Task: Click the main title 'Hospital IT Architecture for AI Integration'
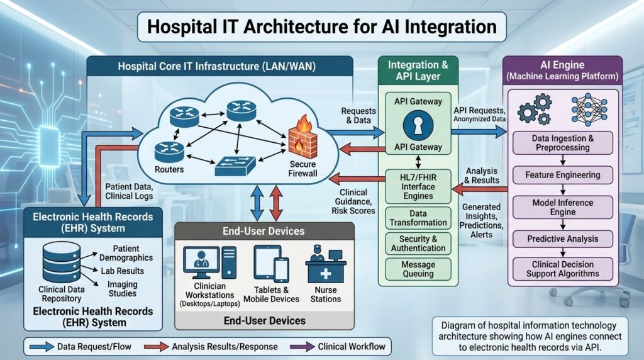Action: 321,28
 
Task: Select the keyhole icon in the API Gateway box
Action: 418,125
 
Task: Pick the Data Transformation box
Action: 418,218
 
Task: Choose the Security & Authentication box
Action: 418,244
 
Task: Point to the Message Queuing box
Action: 418,269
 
